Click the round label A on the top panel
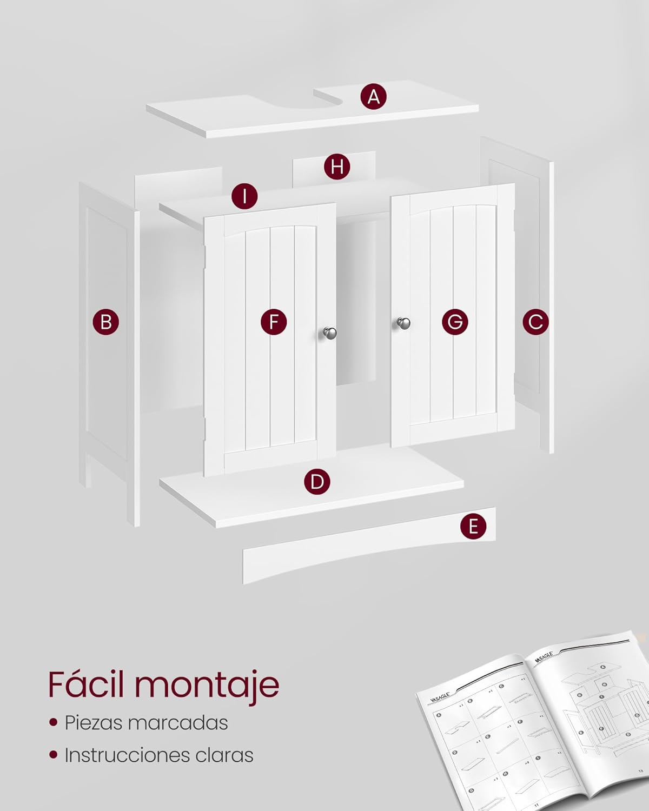click(374, 97)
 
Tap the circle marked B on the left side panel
click(105, 322)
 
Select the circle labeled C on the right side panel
click(535, 322)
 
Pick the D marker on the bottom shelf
click(317, 481)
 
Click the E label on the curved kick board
click(473, 526)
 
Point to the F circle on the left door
click(274, 322)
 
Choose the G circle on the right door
click(455, 322)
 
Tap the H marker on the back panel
click(337, 166)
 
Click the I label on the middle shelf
click(244, 196)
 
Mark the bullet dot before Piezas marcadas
click(53, 722)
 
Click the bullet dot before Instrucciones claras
click(53, 755)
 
